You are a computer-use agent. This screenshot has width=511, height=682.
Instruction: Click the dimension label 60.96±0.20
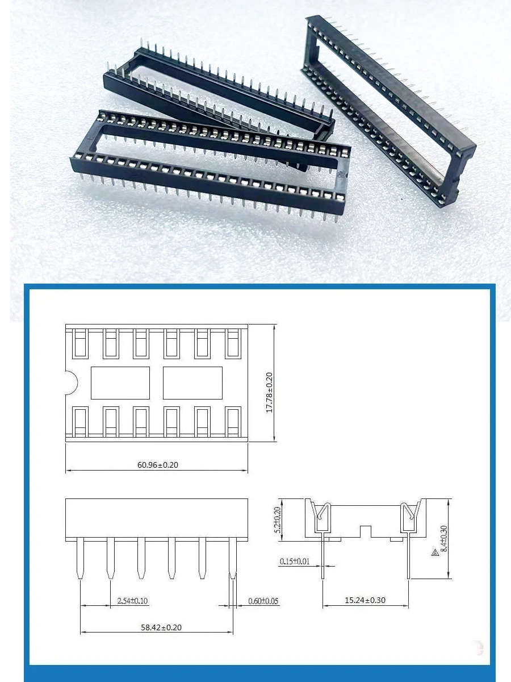(x=157, y=464)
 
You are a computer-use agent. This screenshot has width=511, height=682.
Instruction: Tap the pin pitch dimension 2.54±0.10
(x=132, y=601)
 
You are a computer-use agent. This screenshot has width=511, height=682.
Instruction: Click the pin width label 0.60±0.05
(x=263, y=601)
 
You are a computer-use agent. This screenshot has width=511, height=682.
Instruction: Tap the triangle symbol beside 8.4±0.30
(x=434, y=552)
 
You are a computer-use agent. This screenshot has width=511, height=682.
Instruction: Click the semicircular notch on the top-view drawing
(x=71, y=382)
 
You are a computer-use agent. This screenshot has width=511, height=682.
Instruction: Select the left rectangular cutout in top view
(x=120, y=382)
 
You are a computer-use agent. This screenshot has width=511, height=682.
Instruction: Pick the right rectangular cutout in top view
(x=192, y=382)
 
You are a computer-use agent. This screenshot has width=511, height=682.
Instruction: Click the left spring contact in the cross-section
(x=322, y=517)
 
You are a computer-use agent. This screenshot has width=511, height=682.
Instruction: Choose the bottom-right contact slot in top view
(x=233, y=422)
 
